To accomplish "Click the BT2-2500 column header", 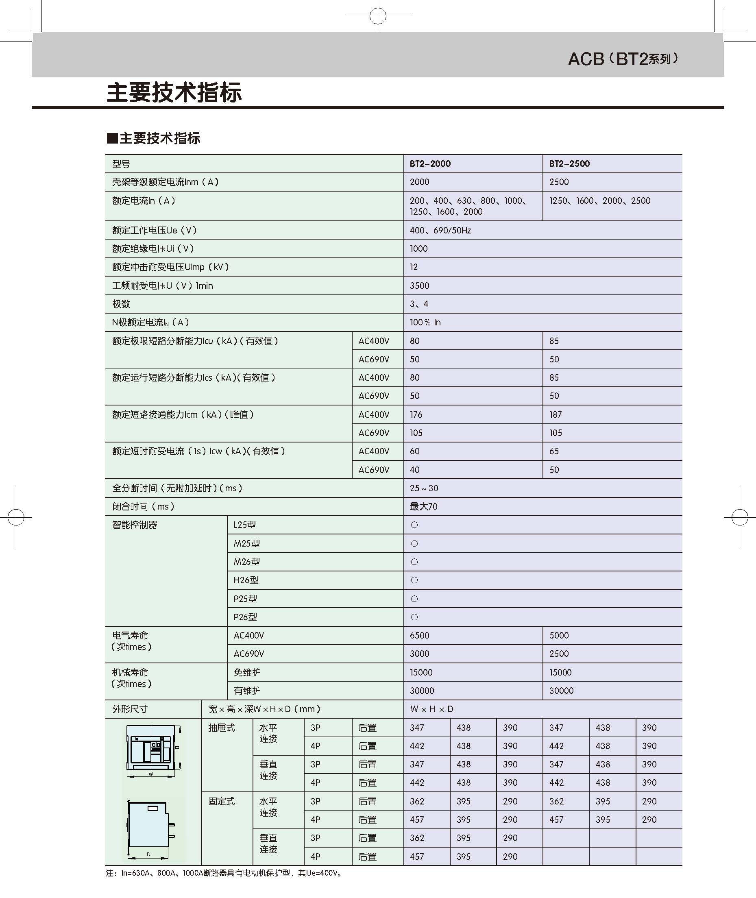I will click(x=569, y=163).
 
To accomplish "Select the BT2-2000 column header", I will click(x=430, y=163).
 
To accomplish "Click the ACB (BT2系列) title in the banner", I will click(x=622, y=59).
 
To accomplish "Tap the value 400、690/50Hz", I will click(x=440, y=230).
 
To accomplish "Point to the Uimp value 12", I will click(x=414, y=267).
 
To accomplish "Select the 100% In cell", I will click(x=425, y=323).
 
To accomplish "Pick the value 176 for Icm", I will click(x=416, y=414).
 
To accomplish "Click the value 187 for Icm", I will click(x=556, y=414).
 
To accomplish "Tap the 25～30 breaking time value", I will click(x=423, y=488).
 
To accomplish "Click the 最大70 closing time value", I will click(x=423, y=507).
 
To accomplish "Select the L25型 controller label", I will click(x=244, y=525).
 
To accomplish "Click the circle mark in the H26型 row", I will click(x=414, y=580).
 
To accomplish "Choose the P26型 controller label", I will click(x=245, y=617).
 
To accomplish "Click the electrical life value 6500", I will click(x=419, y=636).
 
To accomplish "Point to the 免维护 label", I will click(x=247, y=673).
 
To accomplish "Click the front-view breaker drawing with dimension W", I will click(x=153, y=750).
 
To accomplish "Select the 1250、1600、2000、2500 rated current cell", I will click(x=599, y=201).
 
